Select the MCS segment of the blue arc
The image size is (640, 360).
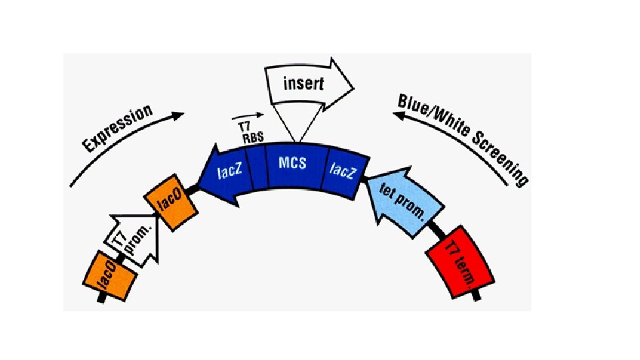tap(294, 163)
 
